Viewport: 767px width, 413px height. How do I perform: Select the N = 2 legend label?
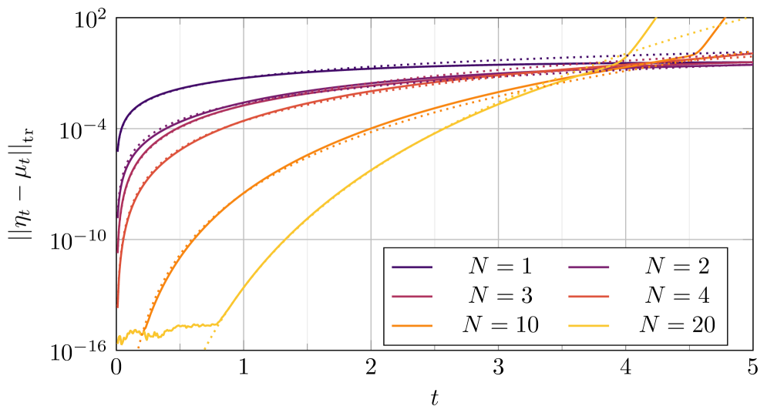pyautogui.click(x=677, y=267)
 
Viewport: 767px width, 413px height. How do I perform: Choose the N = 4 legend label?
pyautogui.click(x=677, y=296)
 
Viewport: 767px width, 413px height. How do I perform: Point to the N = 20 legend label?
pyautogui.click(x=677, y=325)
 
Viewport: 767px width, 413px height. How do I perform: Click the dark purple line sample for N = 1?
pyautogui.click(x=412, y=267)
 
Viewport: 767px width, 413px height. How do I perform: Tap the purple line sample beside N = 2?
pyautogui.click(x=589, y=267)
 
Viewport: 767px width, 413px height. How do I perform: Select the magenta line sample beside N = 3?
pyautogui.click(x=412, y=297)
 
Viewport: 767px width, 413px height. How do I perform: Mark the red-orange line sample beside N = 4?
pyautogui.click(x=589, y=297)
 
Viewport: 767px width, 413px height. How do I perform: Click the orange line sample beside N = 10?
pyautogui.click(x=412, y=326)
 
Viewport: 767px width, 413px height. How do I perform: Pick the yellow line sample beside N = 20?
pyautogui.click(x=589, y=326)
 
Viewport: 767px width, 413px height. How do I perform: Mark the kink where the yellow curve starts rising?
pyautogui.click(x=218, y=323)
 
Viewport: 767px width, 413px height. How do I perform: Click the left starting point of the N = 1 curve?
pyautogui.click(x=117, y=151)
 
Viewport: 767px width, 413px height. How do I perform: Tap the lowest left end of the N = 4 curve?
pyautogui.click(x=117, y=307)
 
